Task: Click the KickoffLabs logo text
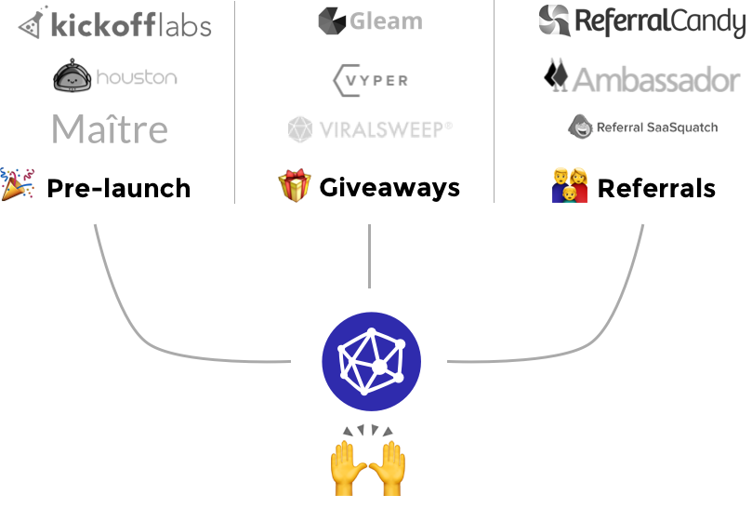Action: (x=131, y=24)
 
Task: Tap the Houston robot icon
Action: (x=72, y=76)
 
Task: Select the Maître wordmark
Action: (x=110, y=129)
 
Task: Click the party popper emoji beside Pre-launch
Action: (x=17, y=185)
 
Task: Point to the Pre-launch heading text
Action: (x=118, y=188)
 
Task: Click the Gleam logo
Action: (x=369, y=21)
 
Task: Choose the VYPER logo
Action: (x=370, y=80)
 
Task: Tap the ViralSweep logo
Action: (x=370, y=129)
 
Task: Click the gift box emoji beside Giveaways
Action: (x=294, y=186)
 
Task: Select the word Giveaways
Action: (x=389, y=187)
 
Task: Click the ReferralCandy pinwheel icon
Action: (x=555, y=20)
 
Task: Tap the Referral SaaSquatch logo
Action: (x=643, y=127)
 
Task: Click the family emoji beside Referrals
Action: (x=569, y=186)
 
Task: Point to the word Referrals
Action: (x=656, y=189)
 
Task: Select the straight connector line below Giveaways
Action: (x=370, y=255)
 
